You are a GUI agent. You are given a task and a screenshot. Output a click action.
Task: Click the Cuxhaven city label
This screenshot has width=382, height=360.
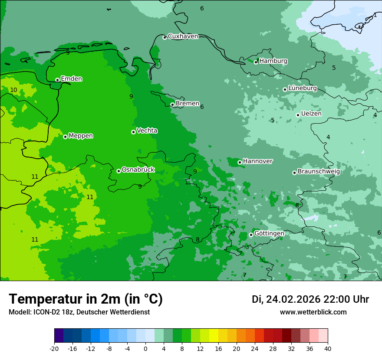tap(183, 36)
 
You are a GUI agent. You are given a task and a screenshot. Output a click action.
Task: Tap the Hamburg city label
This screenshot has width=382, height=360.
tap(273, 61)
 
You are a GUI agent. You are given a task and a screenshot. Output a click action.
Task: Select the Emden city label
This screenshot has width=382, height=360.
tap(71, 79)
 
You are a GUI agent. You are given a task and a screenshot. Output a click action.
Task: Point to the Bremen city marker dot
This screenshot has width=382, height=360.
tap(172, 105)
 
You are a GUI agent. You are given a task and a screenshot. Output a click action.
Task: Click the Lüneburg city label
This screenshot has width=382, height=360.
tap(303, 88)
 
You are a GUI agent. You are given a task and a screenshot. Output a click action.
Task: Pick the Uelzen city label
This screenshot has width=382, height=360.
tap(311, 114)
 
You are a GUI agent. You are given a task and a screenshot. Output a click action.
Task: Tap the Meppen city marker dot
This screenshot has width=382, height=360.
tap(65, 137)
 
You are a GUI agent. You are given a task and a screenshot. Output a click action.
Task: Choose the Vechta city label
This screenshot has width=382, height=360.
tap(147, 131)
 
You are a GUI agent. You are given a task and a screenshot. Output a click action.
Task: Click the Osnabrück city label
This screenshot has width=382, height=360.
tap(138, 170)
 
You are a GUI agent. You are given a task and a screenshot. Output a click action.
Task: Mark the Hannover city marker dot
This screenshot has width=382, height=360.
tap(240, 162)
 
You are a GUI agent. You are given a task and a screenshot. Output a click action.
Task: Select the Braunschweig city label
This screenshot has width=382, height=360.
tap(319, 172)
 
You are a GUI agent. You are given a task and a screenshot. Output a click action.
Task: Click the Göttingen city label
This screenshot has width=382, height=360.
tap(269, 234)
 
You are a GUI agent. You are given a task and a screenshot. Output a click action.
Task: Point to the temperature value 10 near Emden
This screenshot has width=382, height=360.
tap(13, 90)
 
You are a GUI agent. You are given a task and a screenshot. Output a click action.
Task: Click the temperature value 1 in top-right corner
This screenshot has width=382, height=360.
tap(375, 15)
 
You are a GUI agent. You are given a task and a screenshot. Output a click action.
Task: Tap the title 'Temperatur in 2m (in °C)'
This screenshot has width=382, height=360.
tap(86, 299)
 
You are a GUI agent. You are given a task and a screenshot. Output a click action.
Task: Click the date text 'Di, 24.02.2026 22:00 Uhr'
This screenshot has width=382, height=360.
tap(310, 299)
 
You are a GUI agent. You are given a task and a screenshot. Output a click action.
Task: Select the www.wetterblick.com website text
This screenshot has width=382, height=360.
tap(313, 312)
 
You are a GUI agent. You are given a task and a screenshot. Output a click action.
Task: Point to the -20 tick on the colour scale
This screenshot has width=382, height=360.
tap(54, 349)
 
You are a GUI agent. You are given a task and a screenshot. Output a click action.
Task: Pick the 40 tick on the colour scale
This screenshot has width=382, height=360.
tap(327, 349)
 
